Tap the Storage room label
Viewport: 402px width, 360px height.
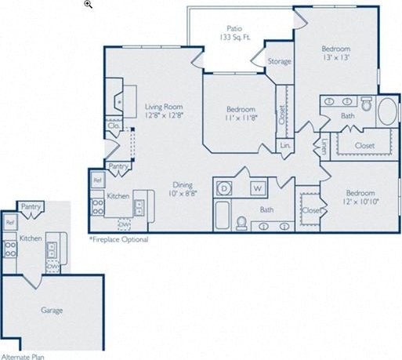(280, 61)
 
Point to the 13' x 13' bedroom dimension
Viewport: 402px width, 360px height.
(335, 57)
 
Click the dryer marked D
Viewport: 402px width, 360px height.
(224, 189)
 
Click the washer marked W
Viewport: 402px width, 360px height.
(256, 189)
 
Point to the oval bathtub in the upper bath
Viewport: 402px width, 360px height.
(387, 111)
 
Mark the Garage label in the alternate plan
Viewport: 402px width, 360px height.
(52, 310)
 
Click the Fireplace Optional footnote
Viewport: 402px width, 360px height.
(118, 238)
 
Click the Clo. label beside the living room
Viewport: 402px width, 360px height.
(113, 125)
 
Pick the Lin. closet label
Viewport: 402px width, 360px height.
(285, 146)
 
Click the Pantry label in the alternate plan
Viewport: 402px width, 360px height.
(31, 207)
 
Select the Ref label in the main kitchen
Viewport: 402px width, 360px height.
(98, 180)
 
